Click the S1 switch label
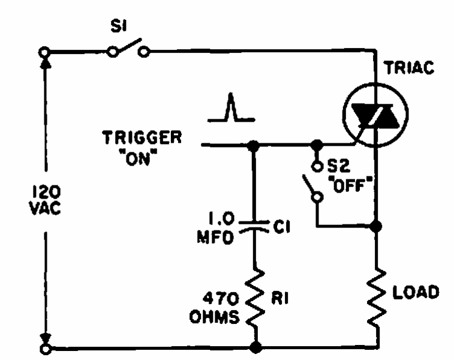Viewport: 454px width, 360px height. point(119,26)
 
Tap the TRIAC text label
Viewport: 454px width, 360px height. point(410,68)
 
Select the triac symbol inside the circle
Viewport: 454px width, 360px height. point(375,115)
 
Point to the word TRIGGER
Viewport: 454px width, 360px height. point(142,137)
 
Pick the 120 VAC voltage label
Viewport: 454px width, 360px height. point(45,200)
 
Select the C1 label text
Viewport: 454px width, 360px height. point(281,227)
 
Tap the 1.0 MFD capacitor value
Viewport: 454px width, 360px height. point(215,228)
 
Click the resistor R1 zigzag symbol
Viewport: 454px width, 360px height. point(255,298)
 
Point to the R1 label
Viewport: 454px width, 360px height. point(280,298)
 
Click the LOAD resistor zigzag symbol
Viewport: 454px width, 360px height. point(377,298)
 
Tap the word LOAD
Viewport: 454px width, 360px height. point(416,292)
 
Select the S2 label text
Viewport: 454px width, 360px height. point(339,166)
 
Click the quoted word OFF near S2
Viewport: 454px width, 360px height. point(350,184)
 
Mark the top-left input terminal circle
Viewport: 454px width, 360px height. point(44,52)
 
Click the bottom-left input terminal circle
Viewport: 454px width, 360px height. point(46,349)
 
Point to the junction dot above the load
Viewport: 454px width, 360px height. point(376,226)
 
